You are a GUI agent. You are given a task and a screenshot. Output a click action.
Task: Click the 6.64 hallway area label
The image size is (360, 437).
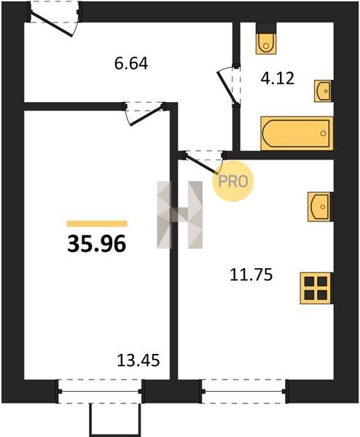[x=131, y=63]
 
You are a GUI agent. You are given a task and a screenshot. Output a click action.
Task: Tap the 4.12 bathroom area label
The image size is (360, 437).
[x=278, y=79]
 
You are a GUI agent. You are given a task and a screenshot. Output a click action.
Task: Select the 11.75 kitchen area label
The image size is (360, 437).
[x=251, y=275]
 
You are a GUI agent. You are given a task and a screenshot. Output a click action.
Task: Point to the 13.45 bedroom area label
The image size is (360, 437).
[x=138, y=360]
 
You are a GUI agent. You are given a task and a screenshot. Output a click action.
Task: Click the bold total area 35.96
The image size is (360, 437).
[x=97, y=243]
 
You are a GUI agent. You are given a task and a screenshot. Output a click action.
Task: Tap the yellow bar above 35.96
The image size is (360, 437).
[x=97, y=224]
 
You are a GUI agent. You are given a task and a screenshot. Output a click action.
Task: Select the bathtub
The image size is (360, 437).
[x=297, y=133]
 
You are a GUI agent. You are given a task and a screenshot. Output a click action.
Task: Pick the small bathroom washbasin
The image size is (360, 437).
[x=324, y=91]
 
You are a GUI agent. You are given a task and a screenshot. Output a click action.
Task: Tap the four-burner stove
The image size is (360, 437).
[x=316, y=288]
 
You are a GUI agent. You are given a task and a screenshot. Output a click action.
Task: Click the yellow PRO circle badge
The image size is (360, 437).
[x=233, y=181]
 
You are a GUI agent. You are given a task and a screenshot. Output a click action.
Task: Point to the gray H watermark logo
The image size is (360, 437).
[x=180, y=215]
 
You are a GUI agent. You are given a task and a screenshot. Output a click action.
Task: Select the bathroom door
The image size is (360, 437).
[x=229, y=84]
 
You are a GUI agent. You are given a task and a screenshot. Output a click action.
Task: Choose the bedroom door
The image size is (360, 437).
[x=144, y=113]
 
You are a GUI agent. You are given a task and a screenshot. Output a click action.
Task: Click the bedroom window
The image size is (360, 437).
[x=100, y=391]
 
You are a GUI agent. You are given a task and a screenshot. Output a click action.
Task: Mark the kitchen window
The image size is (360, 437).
[x=243, y=391]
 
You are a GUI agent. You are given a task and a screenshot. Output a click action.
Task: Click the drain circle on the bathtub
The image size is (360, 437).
[x=323, y=133]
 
